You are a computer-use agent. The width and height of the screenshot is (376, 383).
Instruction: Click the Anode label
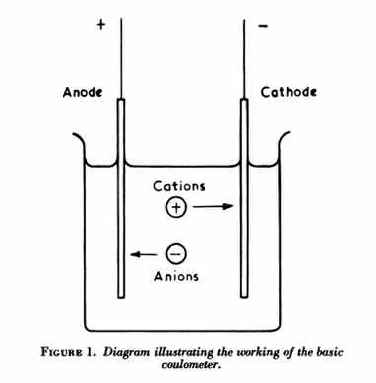coord(83,92)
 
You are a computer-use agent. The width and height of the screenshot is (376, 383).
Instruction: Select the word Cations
coord(179,186)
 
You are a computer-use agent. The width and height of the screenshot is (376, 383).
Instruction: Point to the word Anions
coord(176,276)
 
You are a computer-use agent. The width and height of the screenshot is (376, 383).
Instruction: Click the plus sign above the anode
coord(101,25)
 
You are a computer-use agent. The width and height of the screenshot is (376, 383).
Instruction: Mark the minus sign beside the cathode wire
coord(263,26)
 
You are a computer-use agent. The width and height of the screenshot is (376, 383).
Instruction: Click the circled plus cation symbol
coord(176,207)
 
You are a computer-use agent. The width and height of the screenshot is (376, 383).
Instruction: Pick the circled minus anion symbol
coord(176,254)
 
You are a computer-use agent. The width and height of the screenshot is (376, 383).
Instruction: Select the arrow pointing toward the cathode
coord(213,207)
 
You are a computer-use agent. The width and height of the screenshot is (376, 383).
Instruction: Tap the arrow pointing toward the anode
coord(144,254)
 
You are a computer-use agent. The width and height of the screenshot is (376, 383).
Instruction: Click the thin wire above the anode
coord(121,58)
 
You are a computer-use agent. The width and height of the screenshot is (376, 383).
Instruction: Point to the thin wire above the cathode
coord(244,59)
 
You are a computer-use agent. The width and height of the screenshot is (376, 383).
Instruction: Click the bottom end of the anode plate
coord(121,298)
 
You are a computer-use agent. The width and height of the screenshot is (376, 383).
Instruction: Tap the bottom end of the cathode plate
coord(244,298)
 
